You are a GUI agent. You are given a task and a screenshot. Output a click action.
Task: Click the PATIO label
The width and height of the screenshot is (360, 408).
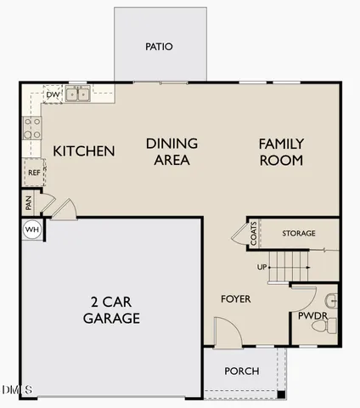(159, 47)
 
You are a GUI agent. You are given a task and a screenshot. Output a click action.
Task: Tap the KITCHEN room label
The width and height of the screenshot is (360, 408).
(84, 151)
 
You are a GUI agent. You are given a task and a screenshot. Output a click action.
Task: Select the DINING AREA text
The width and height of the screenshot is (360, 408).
(172, 151)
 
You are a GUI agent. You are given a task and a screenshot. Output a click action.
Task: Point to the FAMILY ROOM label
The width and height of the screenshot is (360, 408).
(281, 151)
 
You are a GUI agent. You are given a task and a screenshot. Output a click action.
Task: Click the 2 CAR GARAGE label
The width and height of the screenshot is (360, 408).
(111, 310)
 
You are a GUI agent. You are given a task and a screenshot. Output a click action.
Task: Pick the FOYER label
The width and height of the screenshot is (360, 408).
(235, 299)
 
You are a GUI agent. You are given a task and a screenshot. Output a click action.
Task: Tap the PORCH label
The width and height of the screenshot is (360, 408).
(241, 371)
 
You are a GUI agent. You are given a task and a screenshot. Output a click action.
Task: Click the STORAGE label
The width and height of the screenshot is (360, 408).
(299, 233)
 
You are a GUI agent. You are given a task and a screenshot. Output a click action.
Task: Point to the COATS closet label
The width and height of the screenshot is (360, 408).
(254, 234)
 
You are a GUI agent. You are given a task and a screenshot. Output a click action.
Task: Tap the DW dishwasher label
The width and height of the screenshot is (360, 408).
(52, 95)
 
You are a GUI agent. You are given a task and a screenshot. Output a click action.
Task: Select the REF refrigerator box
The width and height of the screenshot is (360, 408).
(34, 173)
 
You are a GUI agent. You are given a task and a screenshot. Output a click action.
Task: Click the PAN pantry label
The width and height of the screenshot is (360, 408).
(28, 203)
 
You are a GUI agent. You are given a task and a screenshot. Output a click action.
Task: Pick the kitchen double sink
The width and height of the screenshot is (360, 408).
(79, 94)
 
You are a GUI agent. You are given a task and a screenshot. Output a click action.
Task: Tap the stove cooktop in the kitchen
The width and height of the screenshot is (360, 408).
(31, 128)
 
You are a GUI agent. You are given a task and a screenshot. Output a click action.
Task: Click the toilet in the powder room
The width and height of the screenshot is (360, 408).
(330, 324)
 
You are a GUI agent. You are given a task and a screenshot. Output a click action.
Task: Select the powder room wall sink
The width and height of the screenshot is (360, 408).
(332, 299)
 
